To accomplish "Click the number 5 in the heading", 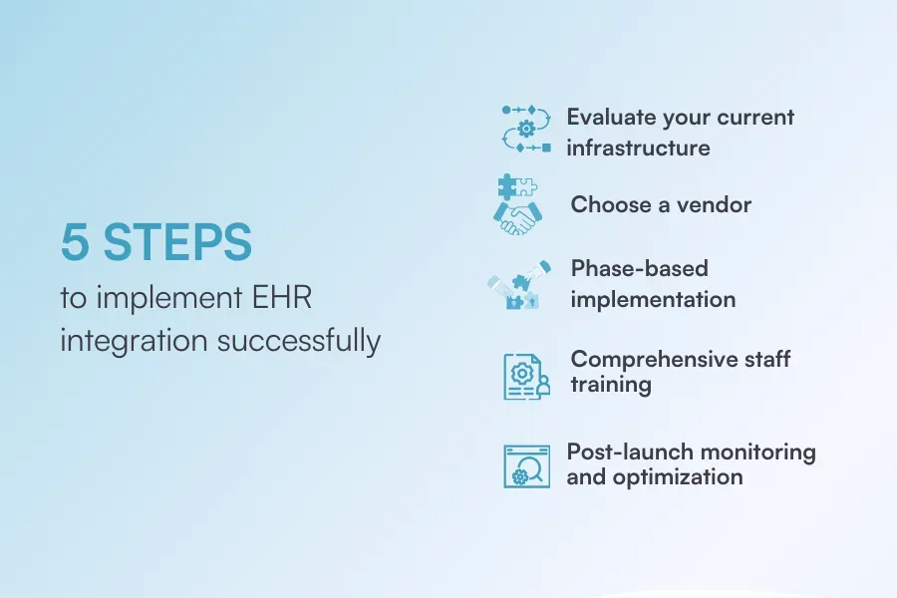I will click(x=75, y=243).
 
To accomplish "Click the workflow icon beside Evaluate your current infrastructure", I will click(x=526, y=129).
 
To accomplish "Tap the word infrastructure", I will click(x=638, y=149).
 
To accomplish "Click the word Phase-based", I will click(x=639, y=268).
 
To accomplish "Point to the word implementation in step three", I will click(x=653, y=299).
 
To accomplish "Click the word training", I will click(x=611, y=385).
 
